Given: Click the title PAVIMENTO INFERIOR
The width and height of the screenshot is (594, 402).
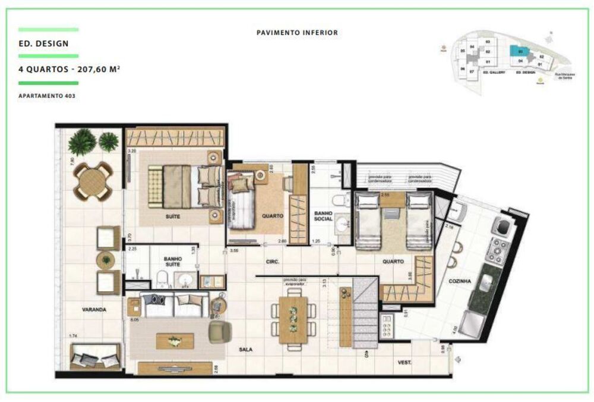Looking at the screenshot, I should coord(297,33).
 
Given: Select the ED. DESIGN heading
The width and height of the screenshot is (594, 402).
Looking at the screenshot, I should coord(43,43).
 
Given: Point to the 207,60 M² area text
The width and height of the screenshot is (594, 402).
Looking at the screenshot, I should coord(96,69).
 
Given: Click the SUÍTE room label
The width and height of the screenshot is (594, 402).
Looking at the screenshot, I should coord(173,217).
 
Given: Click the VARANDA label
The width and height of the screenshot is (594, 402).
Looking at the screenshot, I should coord(94,310).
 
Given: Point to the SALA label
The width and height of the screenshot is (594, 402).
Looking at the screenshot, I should coord(245,350).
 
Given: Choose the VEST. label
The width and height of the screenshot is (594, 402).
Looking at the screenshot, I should coord(405,362).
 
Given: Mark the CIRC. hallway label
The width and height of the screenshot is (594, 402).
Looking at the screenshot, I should coord(273,261).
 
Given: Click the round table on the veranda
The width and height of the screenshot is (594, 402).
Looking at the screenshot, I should coord(93,180).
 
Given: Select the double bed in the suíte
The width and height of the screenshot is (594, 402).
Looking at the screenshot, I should coord(185,186).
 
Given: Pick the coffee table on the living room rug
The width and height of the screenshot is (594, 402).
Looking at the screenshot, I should coord(175,340).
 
